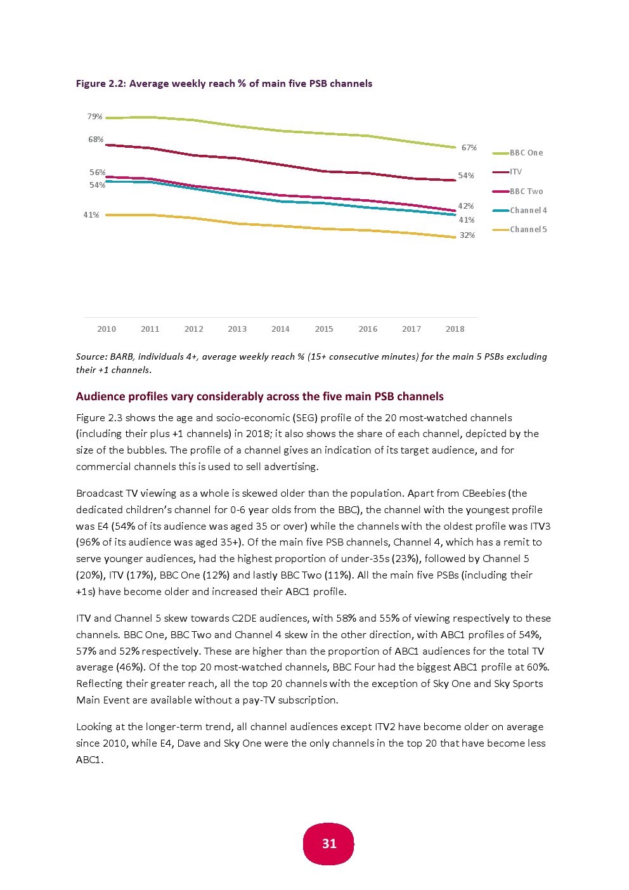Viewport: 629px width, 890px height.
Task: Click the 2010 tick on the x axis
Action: tap(107, 329)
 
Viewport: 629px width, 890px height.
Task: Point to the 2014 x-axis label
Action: tap(280, 329)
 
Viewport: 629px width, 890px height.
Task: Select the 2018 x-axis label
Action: tap(455, 329)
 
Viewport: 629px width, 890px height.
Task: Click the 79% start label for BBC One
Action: tap(95, 117)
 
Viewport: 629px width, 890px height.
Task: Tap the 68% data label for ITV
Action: tap(96, 140)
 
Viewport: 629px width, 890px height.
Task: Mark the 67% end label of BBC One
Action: tap(469, 148)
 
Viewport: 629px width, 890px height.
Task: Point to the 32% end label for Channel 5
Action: tap(467, 235)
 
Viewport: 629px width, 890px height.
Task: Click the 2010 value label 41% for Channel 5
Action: tap(91, 215)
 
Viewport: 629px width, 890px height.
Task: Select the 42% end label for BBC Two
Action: tap(466, 206)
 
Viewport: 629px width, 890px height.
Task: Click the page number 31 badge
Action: tap(328, 844)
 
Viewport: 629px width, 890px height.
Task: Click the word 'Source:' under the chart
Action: tap(91, 357)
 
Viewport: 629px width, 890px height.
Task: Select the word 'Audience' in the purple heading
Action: tap(100, 396)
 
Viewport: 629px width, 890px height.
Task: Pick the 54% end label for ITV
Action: tap(466, 176)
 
